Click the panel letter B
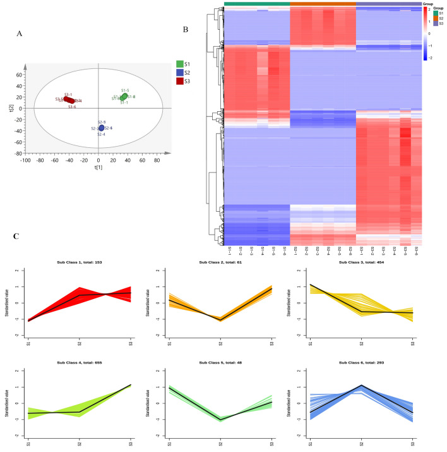click(185, 29)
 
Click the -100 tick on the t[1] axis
click(25, 161)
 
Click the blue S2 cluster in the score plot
click(101, 128)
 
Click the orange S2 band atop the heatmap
click(323, 4)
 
